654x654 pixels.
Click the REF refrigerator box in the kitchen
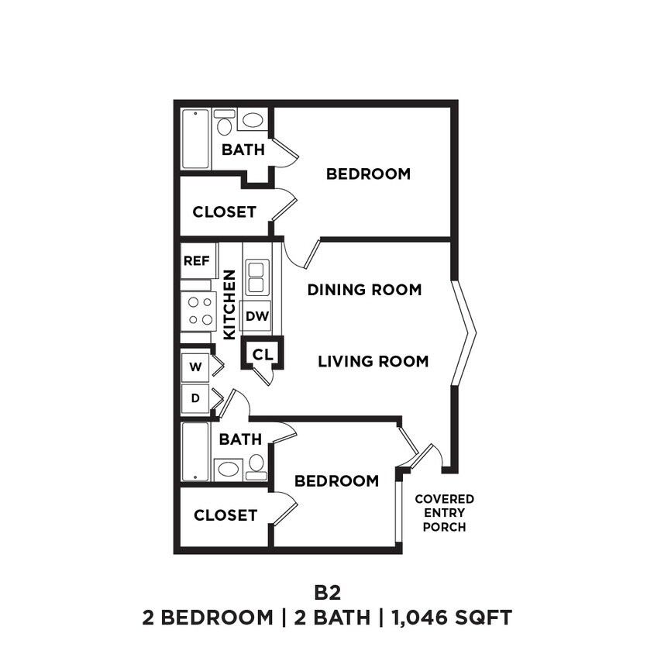point(196,261)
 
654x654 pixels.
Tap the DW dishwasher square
point(256,315)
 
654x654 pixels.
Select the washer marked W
point(195,367)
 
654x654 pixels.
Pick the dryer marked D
point(195,398)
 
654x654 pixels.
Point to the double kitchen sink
point(256,277)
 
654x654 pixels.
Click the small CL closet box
point(263,354)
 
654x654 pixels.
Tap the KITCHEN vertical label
point(229,304)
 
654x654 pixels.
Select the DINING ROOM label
point(364,290)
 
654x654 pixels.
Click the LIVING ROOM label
point(373,361)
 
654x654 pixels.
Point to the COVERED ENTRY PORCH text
point(444,513)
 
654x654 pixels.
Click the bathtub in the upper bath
point(195,139)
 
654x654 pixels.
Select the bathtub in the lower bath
point(195,452)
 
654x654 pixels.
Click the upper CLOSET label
point(224,212)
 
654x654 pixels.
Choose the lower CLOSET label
point(225,515)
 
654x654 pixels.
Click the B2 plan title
point(327,593)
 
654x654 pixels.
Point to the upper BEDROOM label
point(368,174)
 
